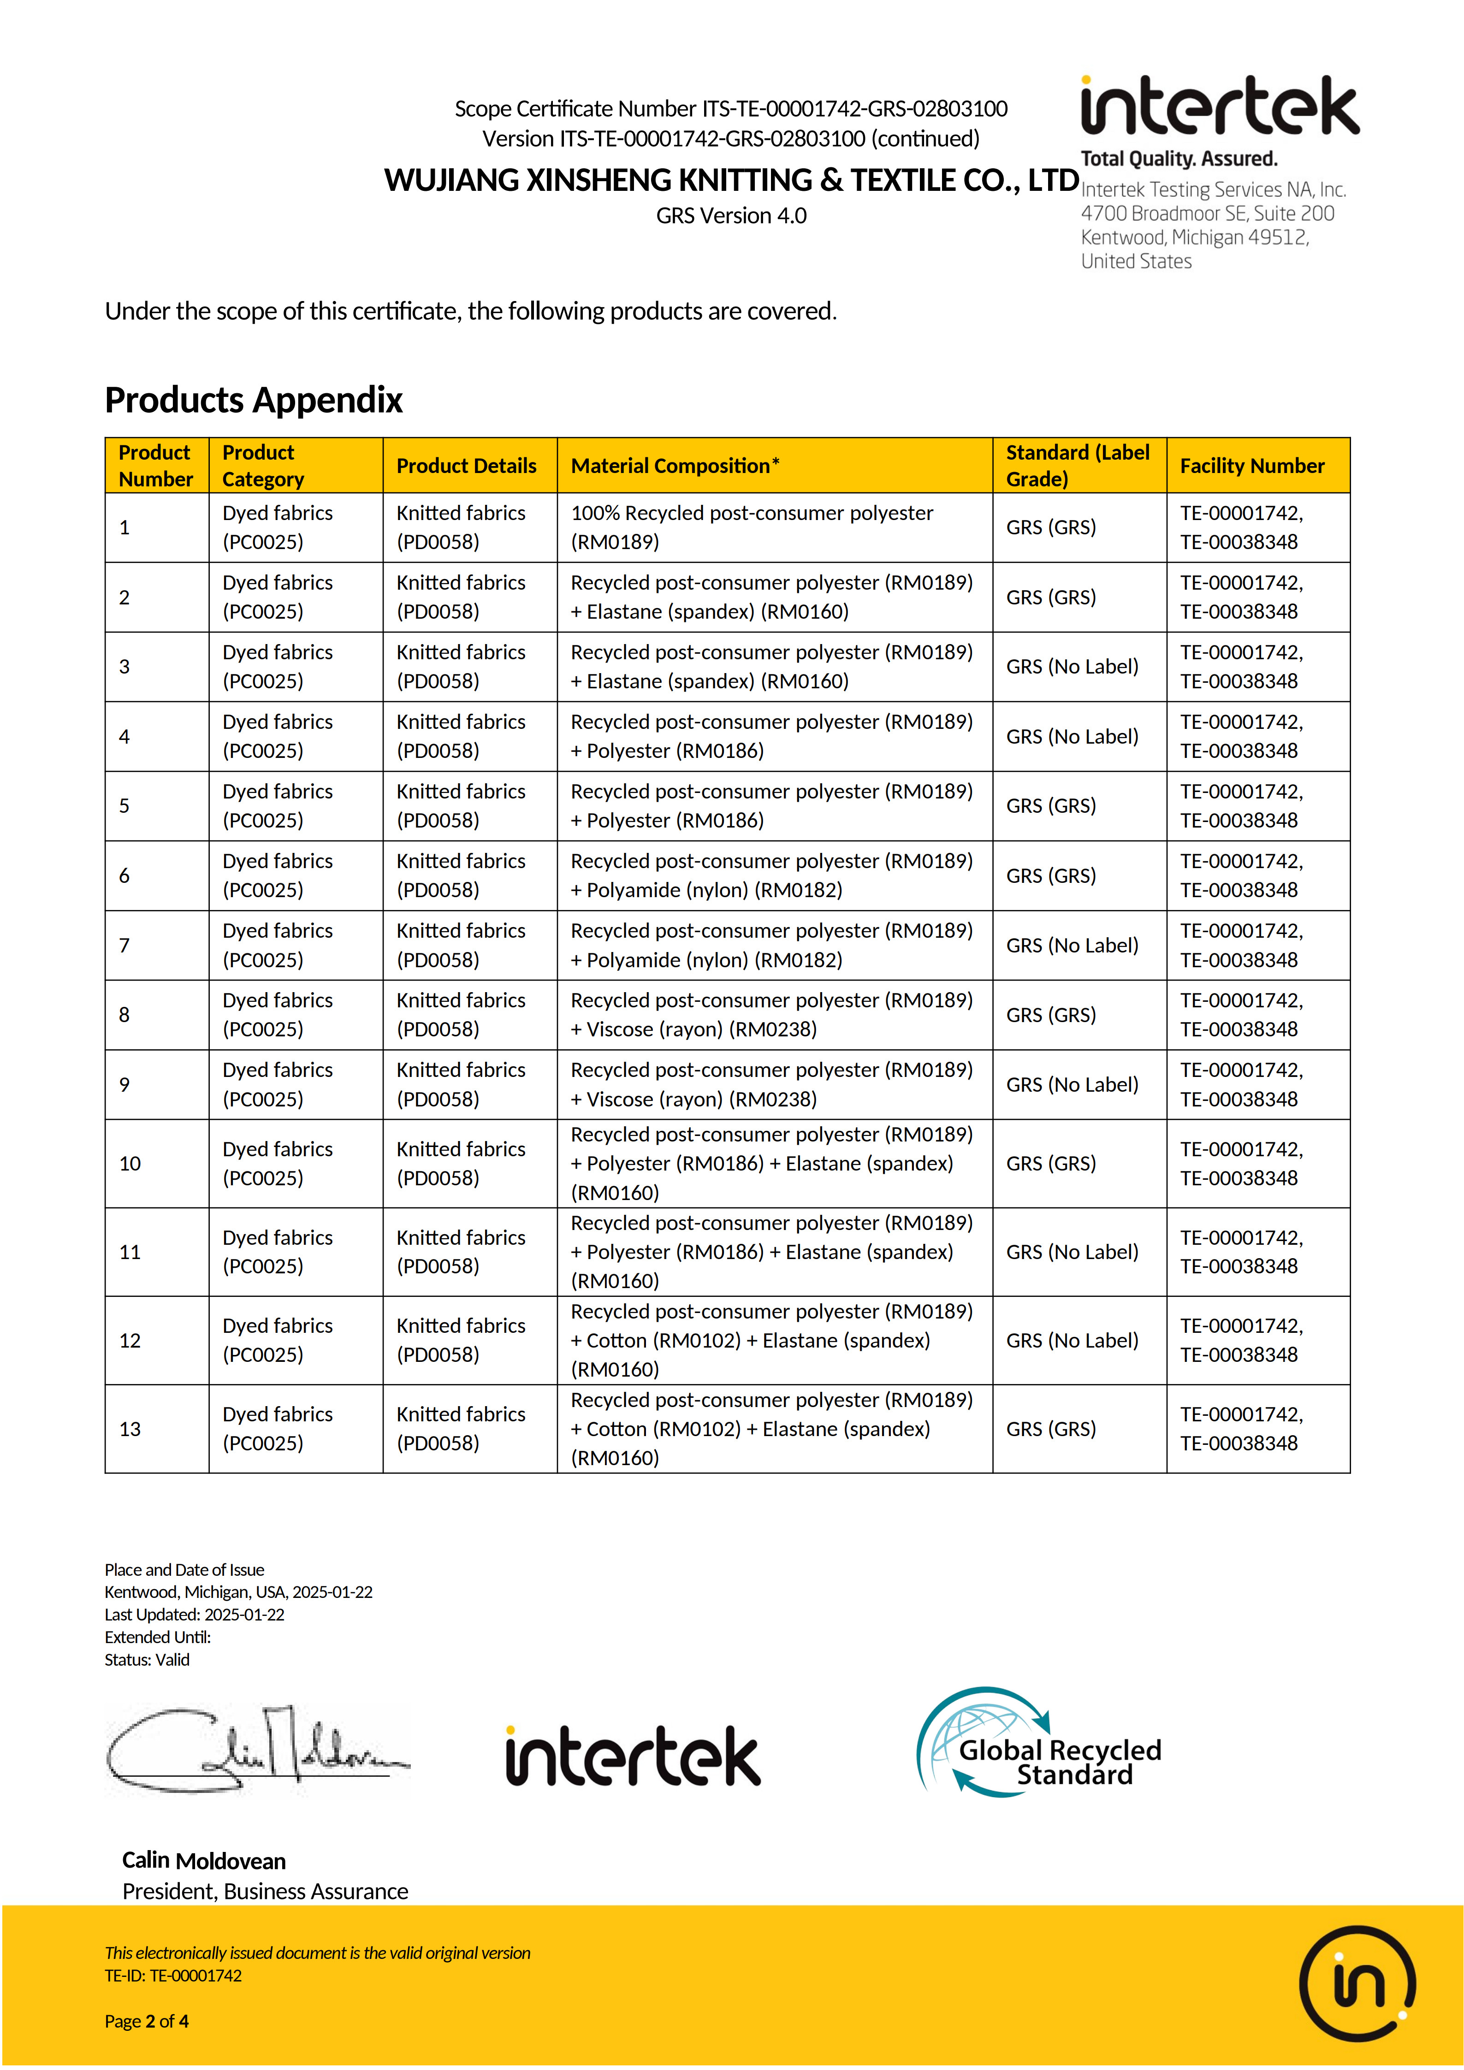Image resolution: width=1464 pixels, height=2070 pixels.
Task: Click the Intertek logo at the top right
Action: (1219, 106)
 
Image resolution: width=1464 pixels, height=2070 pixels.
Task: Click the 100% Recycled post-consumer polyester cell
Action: (752, 527)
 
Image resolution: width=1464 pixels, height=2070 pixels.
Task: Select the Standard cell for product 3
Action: (1072, 667)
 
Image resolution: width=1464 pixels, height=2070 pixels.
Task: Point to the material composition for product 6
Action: (772, 875)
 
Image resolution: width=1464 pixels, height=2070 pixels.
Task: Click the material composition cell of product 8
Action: (772, 1015)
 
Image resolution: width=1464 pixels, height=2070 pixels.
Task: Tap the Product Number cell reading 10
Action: (130, 1164)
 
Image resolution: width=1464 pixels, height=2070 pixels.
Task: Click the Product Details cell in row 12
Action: (461, 1341)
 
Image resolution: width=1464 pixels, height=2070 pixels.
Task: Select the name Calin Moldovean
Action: (204, 1861)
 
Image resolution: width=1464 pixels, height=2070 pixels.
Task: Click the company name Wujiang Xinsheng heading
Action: (731, 180)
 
